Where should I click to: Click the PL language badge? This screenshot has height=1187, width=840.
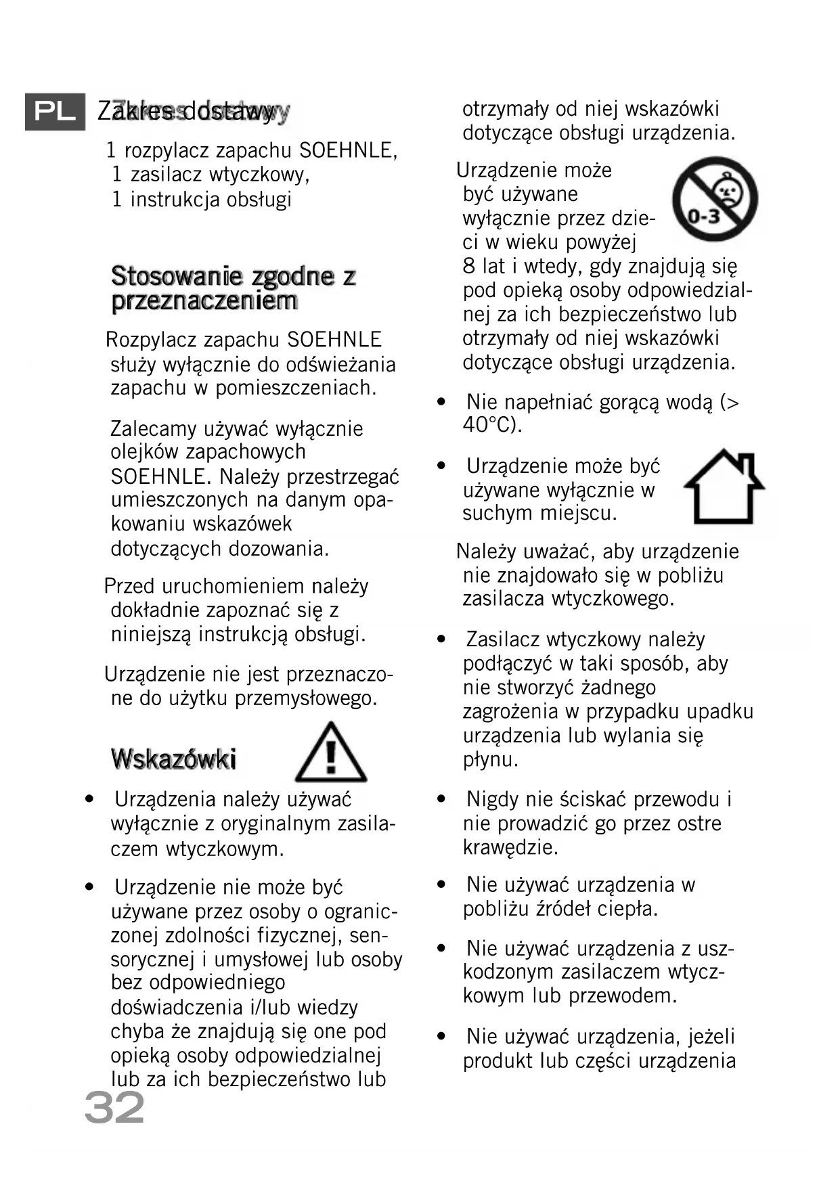point(55,112)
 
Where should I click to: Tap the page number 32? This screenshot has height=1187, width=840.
point(114,1108)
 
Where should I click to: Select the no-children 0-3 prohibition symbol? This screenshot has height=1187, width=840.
point(714,199)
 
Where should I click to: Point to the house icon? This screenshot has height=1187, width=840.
point(724,487)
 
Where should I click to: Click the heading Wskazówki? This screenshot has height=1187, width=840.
point(174,759)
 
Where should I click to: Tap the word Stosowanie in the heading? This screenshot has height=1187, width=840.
point(176,276)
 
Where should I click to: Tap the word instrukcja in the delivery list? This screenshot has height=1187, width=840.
point(175,200)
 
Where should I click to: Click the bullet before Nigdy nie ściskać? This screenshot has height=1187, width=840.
point(442,800)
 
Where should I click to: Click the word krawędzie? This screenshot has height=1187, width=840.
point(510,847)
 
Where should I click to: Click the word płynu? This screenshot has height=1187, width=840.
point(490,760)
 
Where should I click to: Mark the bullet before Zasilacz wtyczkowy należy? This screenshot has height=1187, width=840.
point(442,640)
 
